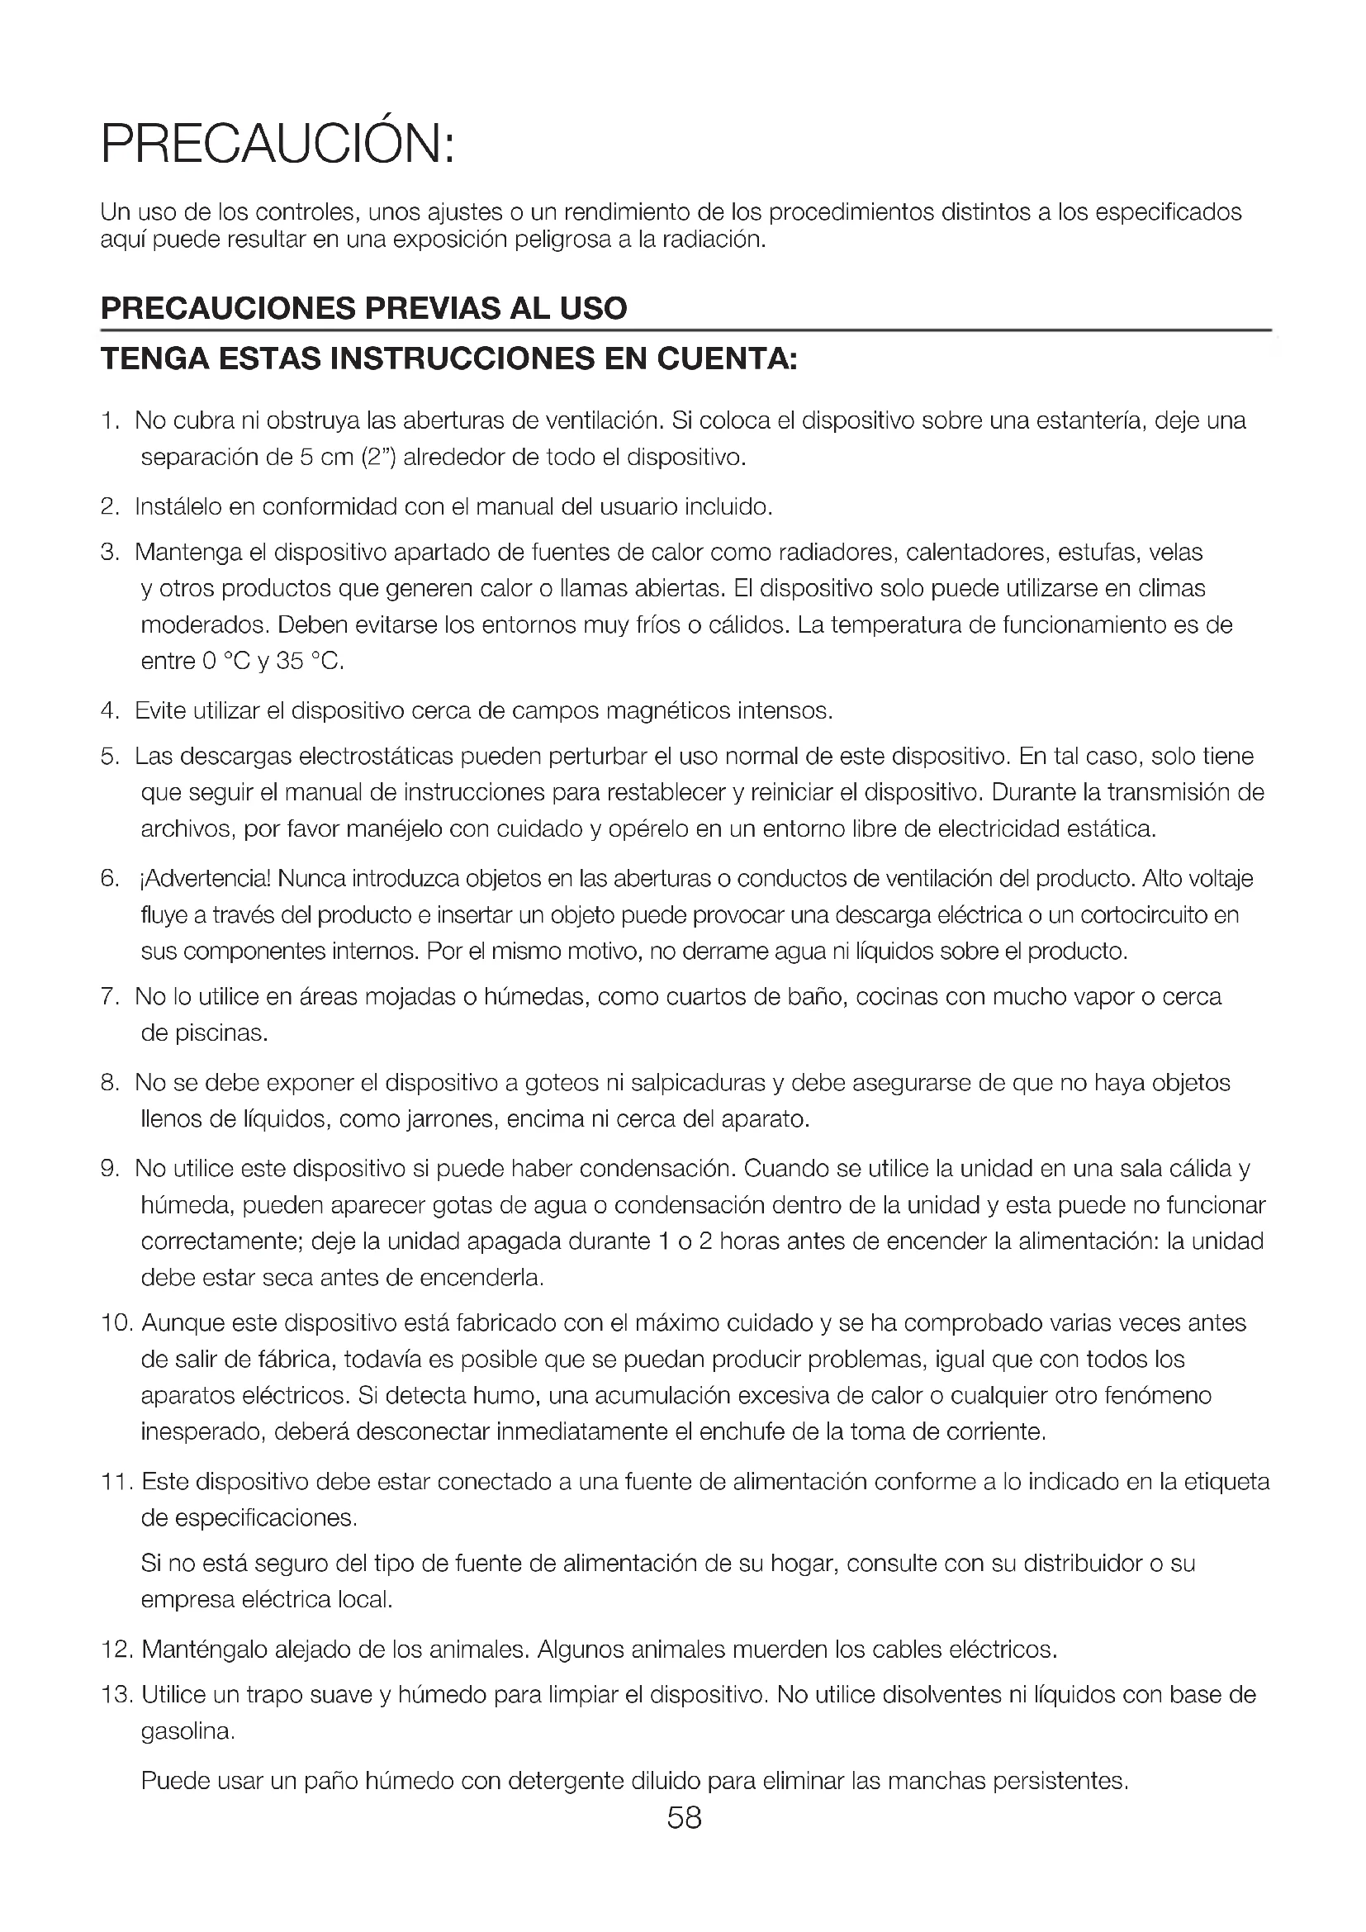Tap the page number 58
point(684,1818)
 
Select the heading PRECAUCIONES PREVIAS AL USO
point(363,308)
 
